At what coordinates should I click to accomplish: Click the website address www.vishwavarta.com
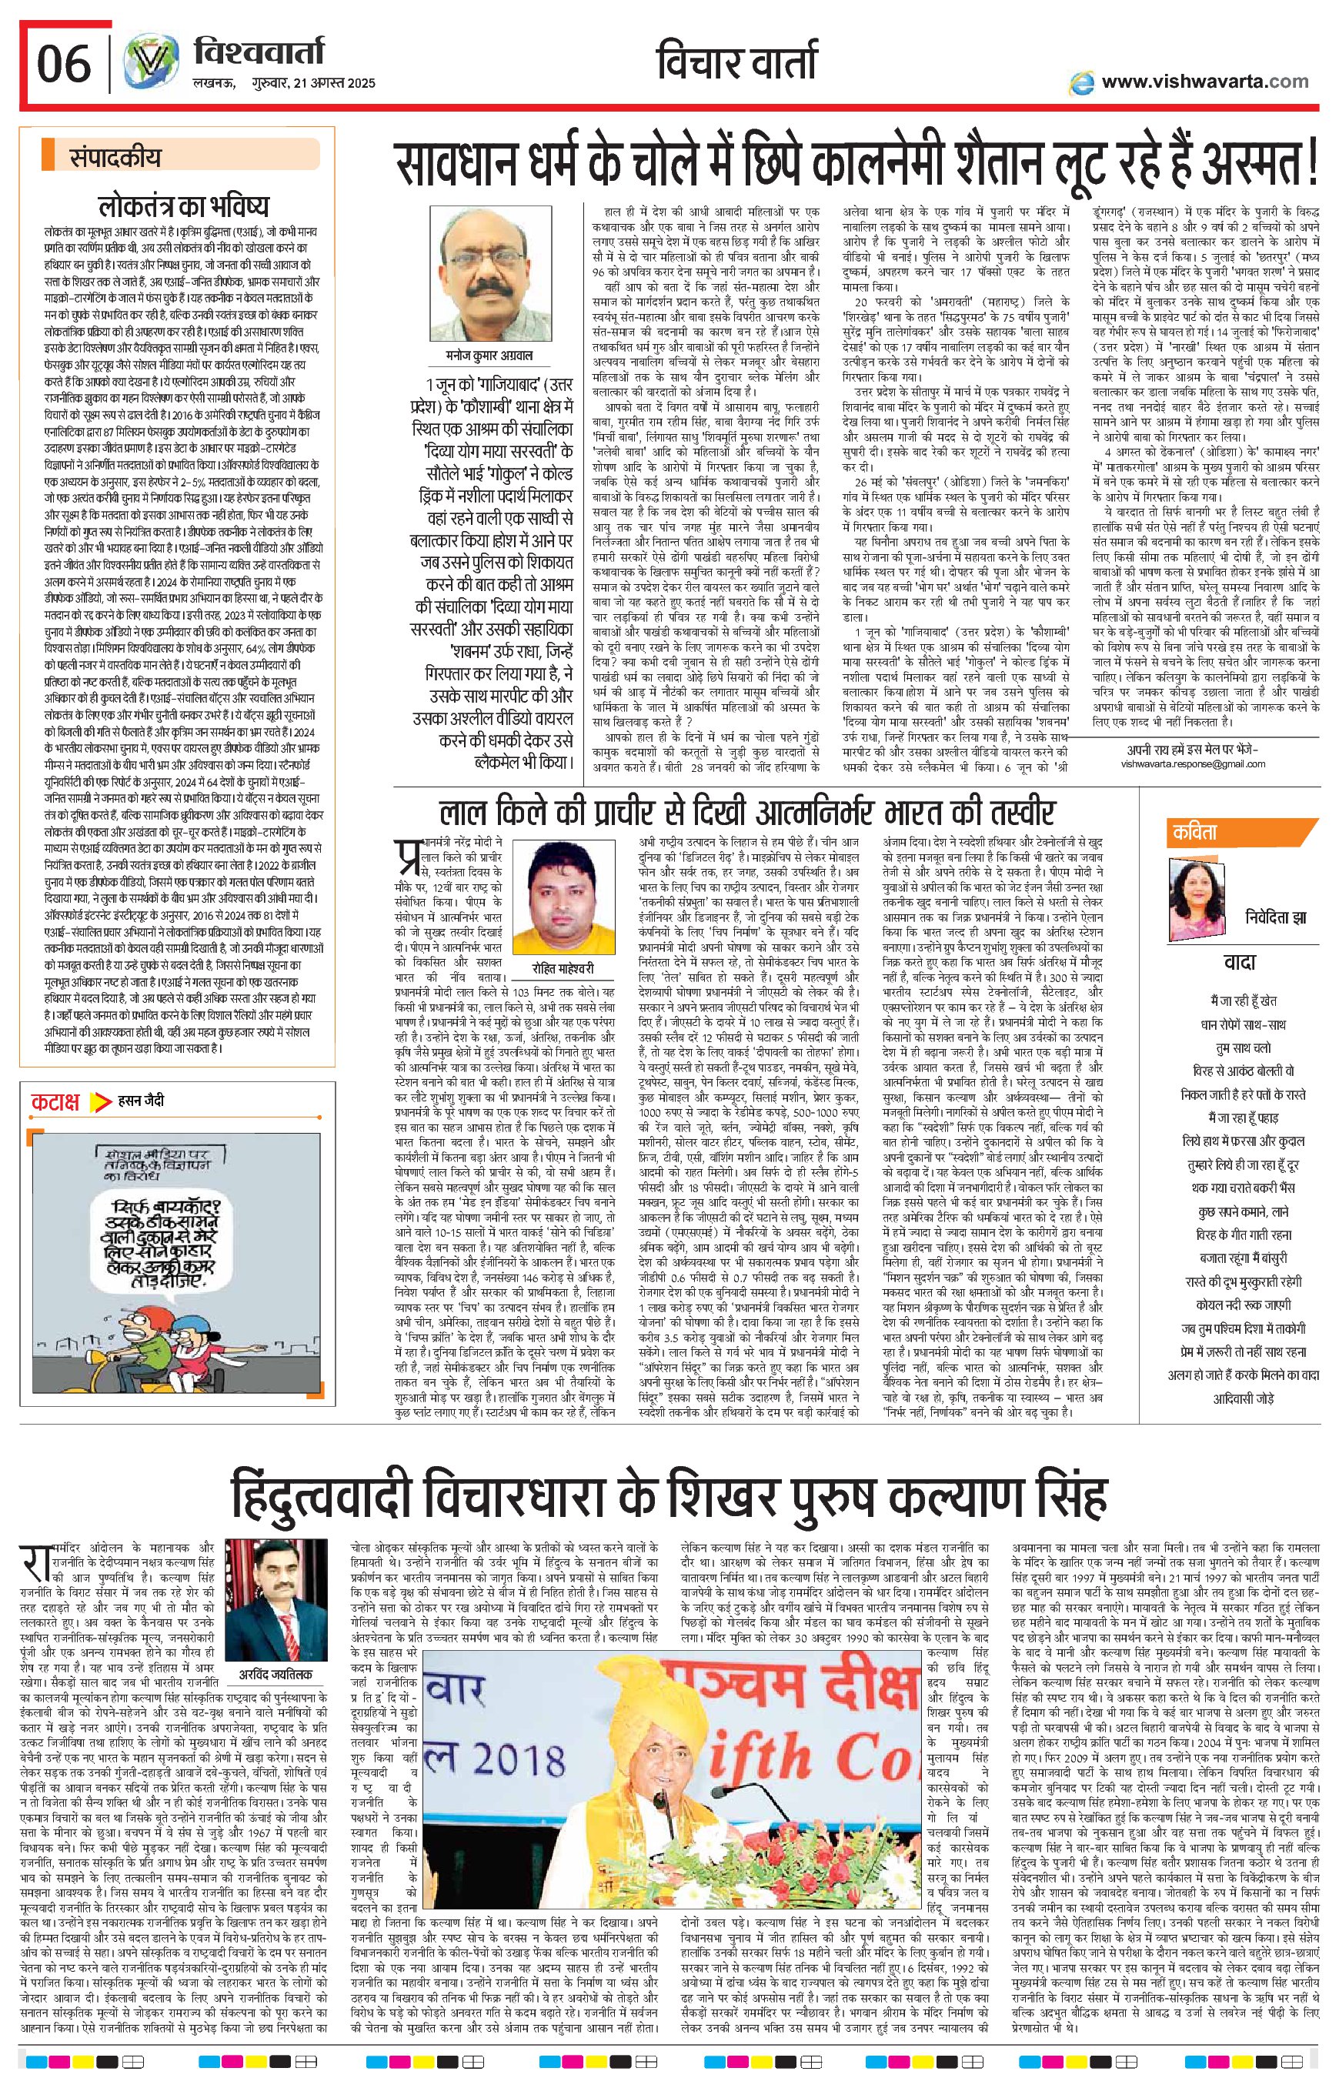point(1204,81)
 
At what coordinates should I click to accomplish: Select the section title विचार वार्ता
point(736,62)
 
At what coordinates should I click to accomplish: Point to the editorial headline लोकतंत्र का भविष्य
point(183,206)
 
